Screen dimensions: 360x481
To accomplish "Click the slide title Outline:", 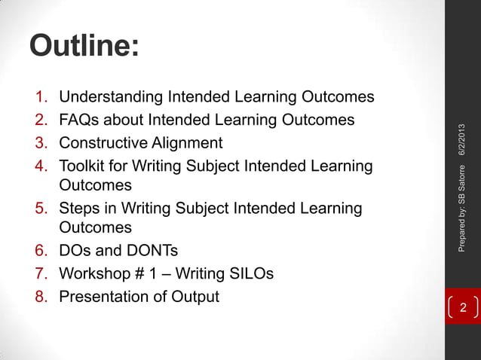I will [84, 47].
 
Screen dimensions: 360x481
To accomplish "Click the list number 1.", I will [41, 97].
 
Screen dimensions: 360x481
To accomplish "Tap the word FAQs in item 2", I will [80, 120].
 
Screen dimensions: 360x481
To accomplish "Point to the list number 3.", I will [41, 143].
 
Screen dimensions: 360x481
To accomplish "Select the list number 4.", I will [41, 166].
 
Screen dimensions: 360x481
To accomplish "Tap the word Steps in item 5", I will [79, 208].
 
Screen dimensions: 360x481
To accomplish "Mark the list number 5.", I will [41, 208].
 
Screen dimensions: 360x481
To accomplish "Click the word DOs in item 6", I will [75, 251].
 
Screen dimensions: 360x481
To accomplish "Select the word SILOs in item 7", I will [250, 273].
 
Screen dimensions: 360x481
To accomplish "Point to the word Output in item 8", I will [196, 296].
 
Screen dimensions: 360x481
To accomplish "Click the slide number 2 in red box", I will [463, 308].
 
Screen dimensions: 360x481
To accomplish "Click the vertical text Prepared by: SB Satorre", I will [463, 214].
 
